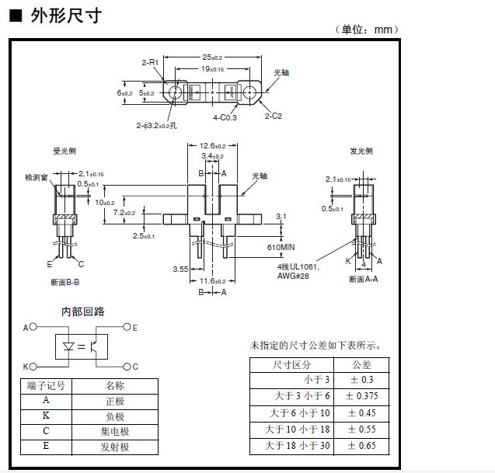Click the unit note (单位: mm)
(x=368, y=30)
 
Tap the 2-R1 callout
(x=150, y=61)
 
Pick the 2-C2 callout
(x=273, y=116)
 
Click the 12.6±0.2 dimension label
(x=212, y=146)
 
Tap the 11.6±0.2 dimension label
(x=212, y=280)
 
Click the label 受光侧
(x=64, y=151)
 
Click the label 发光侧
(x=361, y=151)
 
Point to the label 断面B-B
(x=64, y=280)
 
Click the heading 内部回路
(x=83, y=311)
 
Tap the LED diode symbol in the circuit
(x=69, y=347)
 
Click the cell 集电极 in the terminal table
(x=114, y=431)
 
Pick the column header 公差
(x=362, y=363)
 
